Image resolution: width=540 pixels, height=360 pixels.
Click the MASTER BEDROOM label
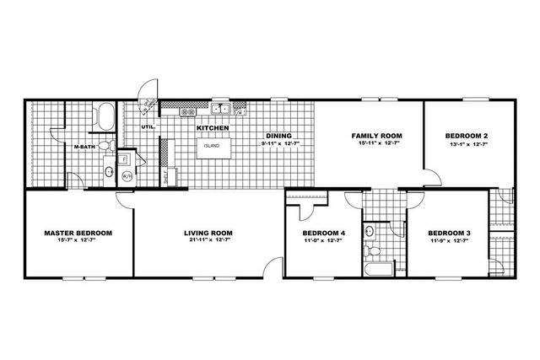click(x=78, y=233)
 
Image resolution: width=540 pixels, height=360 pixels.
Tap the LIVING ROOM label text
click(x=208, y=233)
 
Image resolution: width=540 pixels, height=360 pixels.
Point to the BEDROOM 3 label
click(x=447, y=233)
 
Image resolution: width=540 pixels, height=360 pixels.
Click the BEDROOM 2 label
click(x=466, y=135)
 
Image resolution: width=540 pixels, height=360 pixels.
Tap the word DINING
click(x=279, y=136)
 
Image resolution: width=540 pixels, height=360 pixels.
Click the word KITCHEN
click(x=213, y=127)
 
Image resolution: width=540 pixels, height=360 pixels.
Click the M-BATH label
click(x=84, y=146)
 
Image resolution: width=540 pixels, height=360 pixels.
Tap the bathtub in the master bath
click(x=106, y=116)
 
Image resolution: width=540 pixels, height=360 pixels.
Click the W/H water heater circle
click(x=128, y=176)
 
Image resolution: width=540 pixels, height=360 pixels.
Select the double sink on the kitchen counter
click(x=221, y=108)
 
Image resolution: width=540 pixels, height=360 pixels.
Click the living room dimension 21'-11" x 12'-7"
click(x=208, y=241)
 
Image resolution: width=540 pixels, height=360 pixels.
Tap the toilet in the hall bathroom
click(x=370, y=250)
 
